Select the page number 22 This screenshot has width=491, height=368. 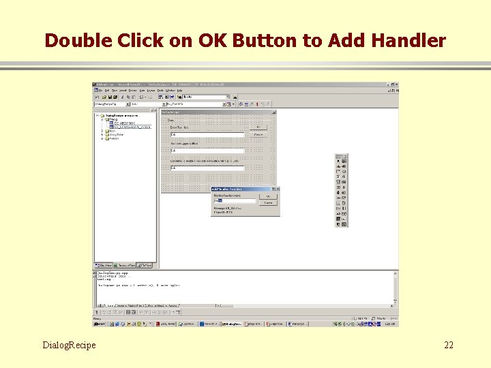(x=448, y=345)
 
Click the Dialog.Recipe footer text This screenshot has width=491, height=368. (x=69, y=345)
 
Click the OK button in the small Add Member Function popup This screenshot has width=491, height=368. (x=269, y=196)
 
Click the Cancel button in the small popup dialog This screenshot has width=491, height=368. (x=269, y=202)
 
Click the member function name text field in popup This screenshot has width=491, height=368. (x=234, y=201)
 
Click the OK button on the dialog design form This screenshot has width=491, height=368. (x=258, y=127)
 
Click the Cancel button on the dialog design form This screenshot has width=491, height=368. (x=258, y=134)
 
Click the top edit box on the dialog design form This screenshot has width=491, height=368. (x=207, y=135)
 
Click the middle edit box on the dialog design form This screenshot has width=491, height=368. (x=207, y=151)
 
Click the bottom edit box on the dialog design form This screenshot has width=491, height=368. (x=207, y=167)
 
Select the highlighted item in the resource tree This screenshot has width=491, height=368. (x=132, y=127)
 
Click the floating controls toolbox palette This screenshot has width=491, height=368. (x=342, y=191)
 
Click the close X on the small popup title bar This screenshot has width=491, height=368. (x=277, y=189)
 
